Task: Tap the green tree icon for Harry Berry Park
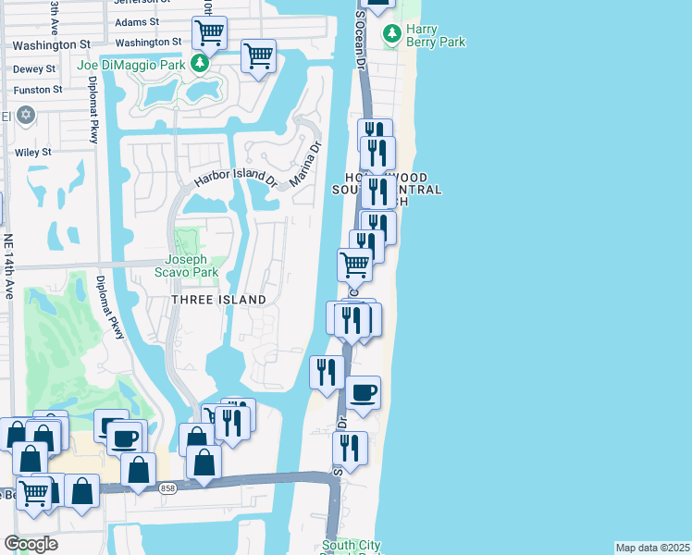tap(393, 33)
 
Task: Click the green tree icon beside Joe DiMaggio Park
tap(199, 63)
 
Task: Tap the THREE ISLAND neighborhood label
tap(219, 300)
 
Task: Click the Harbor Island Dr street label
tap(235, 177)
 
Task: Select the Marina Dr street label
tap(304, 164)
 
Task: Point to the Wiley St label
tap(33, 152)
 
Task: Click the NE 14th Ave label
tap(9, 265)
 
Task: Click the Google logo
tap(31, 544)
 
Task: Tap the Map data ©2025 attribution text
tap(652, 548)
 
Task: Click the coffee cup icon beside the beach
tap(364, 392)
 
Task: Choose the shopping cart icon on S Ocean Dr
tap(355, 265)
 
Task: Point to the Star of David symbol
tap(25, 115)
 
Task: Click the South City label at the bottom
tap(351, 546)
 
